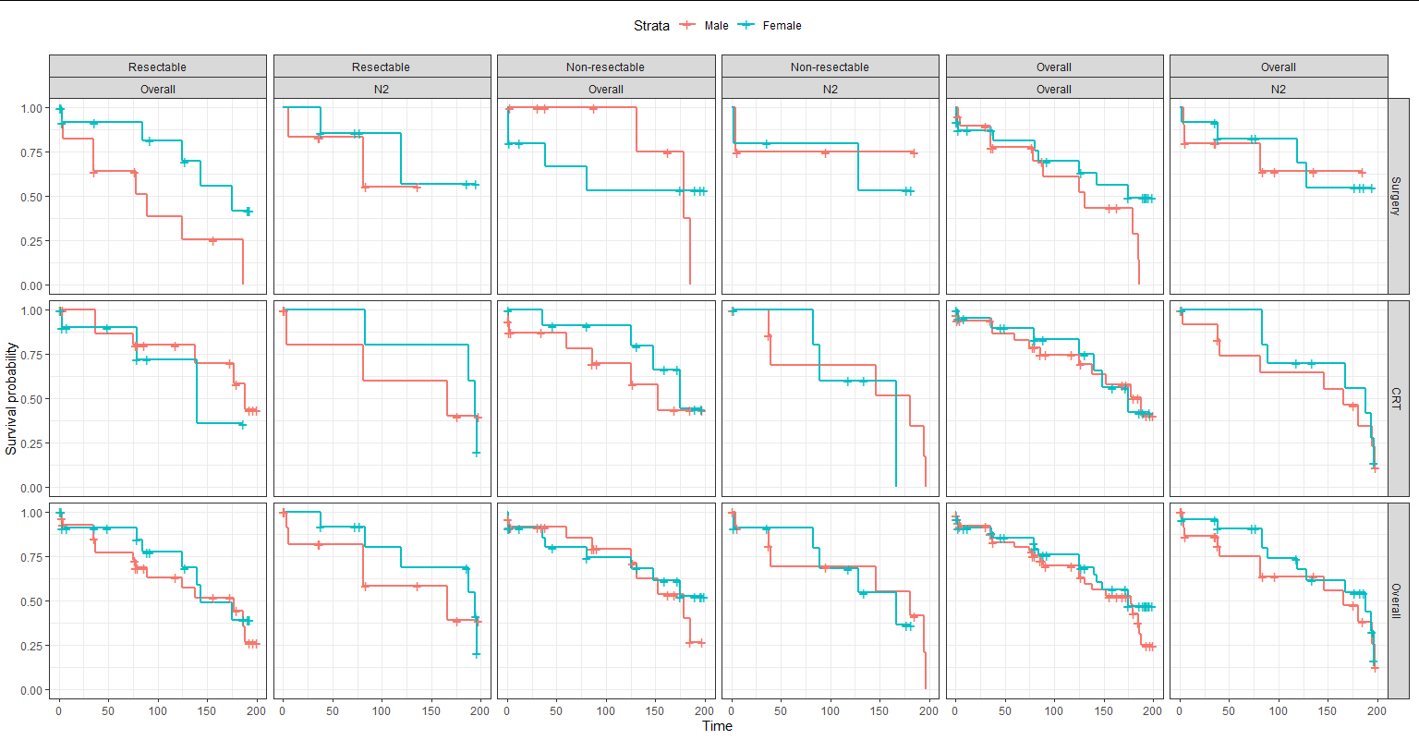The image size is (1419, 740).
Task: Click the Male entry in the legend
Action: coord(715,26)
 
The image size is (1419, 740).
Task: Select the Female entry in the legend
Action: coord(781,26)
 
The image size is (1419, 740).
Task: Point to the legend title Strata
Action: coord(651,26)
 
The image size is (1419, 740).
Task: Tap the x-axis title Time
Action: coord(717,726)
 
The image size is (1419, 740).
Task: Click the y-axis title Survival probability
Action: coord(11,398)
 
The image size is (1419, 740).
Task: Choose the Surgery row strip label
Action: coord(1396,196)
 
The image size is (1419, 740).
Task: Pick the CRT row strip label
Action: coord(1396,398)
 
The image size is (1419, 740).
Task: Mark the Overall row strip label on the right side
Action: coord(1396,600)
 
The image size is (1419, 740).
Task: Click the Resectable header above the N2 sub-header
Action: coord(381,67)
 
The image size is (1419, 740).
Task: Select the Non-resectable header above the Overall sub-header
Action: coord(605,67)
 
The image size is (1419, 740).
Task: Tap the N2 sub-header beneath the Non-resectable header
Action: coord(830,90)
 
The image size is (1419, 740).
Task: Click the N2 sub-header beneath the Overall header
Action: coord(1278,90)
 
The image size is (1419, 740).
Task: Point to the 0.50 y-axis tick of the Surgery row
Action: coord(31,197)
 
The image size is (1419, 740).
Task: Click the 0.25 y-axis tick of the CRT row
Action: coord(31,443)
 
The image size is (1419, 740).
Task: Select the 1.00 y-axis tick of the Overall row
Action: coord(31,513)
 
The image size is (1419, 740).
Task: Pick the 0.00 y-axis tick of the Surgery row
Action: coord(31,285)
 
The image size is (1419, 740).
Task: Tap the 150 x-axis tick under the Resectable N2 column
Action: coord(431,711)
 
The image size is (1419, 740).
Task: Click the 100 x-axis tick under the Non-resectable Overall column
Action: coord(605,711)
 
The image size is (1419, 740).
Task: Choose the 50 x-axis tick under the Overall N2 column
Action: coord(1229,711)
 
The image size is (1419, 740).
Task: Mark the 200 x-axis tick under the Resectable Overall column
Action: coord(256,711)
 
